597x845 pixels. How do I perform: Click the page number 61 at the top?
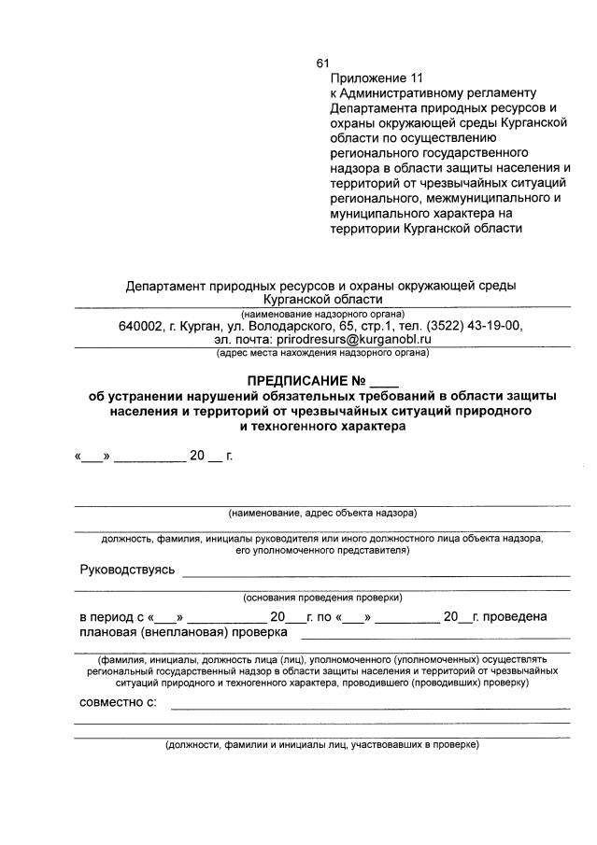coord(323,63)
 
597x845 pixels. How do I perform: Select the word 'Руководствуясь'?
coord(127,570)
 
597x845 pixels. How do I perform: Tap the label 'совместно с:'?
coord(118,700)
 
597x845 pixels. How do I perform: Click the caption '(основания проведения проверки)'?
coord(322,597)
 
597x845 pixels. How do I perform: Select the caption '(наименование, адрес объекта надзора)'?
coord(322,513)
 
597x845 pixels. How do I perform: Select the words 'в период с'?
coord(111,616)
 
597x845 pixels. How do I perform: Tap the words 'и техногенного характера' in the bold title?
coord(322,426)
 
